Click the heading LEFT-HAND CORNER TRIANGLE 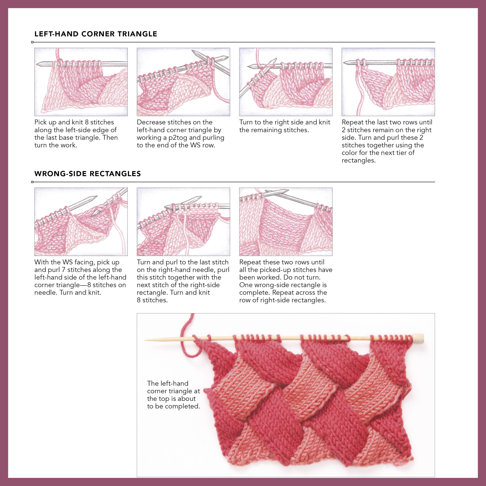[x=96, y=34]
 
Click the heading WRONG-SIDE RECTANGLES [x=87, y=174]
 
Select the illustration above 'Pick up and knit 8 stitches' [x=81, y=82]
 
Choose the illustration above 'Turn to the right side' [x=286, y=82]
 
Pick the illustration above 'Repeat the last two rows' [x=388, y=82]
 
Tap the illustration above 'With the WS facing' [x=81, y=222]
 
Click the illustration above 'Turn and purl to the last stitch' [x=183, y=222]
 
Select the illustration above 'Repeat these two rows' [x=286, y=222]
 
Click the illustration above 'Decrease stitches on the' [x=183, y=82]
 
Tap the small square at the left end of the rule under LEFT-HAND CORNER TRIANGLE [x=32, y=42]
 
